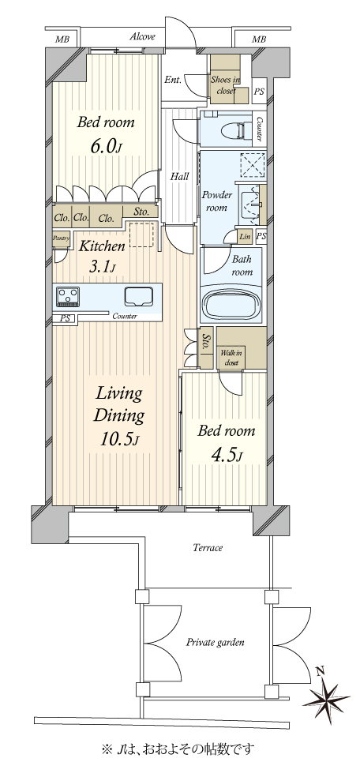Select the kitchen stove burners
(x=67, y=297)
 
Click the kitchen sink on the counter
(x=140, y=296)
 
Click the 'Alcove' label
(x=143, y=36)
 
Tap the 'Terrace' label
(x=208, y=548)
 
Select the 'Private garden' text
(x=215, y=643)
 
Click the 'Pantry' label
(x=61, y=238)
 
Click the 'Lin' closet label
(x=245, y=237)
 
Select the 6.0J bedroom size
(x=105, y=145)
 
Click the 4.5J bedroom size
(x=226, y=456)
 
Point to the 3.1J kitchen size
(x=103, y=268)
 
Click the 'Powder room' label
(x=216, y=201)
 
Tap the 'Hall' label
(x=179, y=176)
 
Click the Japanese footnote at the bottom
(x=180, y=749)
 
